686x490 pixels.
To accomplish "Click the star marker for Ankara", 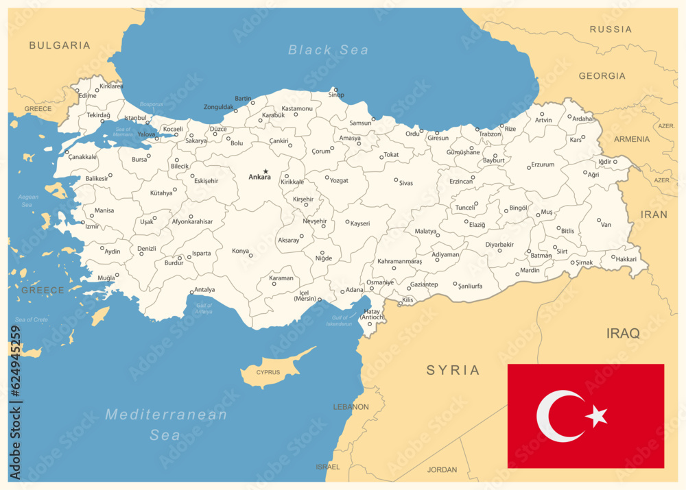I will pyautogui.click(x=265, y=171).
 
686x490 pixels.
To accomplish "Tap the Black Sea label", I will pyautogui.click(x=328, y=49).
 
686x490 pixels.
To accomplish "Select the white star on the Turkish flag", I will pyautogui.click(x=596, y=415).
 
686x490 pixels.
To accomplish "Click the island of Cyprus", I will pyautogui.click(x=267, y=372).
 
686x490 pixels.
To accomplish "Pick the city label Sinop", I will pyautogui.click(x=336, y=95).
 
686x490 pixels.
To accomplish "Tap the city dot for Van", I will pyautogui.click(x=599, y=221).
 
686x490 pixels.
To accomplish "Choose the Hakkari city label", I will pyautogui.click(x=626, y=259).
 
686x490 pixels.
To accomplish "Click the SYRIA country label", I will pyautogui.click(x=453, y=370).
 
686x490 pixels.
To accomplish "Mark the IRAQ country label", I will pyautogui.click(x=623, y=334).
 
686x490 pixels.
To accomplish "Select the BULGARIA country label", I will pyautogui.click(x=60, y=45).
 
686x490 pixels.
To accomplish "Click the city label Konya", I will pyautogui.click(x=240, y=251).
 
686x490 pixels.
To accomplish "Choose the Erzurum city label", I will pyautogui.click(x=543, y=164).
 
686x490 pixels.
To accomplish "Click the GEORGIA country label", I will pyautogui.click(x=602, y=76).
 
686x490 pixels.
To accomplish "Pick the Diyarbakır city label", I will pyautogui.click(x=499, y=244).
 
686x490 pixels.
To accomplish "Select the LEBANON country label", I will pyautogui.click(x=351, y=407).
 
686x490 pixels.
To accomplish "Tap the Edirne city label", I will pyautogui.click(x=87, y=96).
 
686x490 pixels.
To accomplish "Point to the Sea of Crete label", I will pyautogui.click(x=32, y=320).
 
